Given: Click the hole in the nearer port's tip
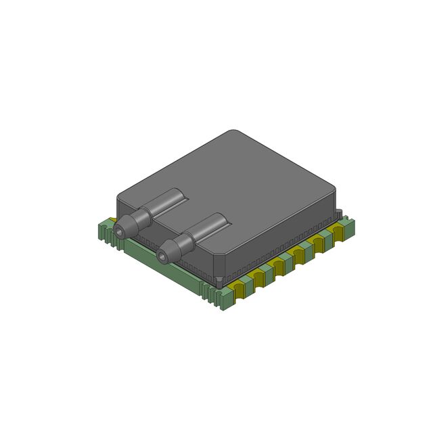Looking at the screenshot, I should (162, 256).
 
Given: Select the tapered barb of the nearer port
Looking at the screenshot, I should (169, 251).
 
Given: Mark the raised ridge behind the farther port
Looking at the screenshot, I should (169, 198).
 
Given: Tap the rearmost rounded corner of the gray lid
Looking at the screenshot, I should (233, 133).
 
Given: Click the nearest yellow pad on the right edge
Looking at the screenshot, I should (240, 290).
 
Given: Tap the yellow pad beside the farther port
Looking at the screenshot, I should (111, 221).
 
